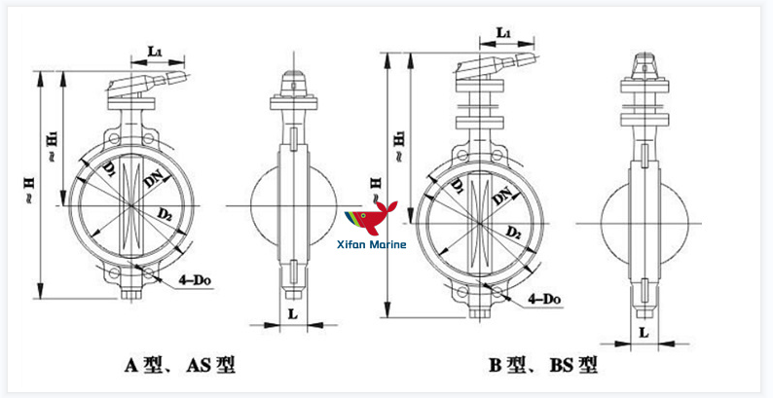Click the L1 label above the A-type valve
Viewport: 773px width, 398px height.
tap(156, 49)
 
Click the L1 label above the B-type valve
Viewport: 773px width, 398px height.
tap(504, 33)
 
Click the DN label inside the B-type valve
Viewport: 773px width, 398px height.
tap(502, 195)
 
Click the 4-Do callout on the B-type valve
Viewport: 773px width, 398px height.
tap(547, 298)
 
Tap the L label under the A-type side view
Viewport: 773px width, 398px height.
tap(292, 312)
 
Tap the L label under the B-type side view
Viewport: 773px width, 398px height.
tap(644, 333)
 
